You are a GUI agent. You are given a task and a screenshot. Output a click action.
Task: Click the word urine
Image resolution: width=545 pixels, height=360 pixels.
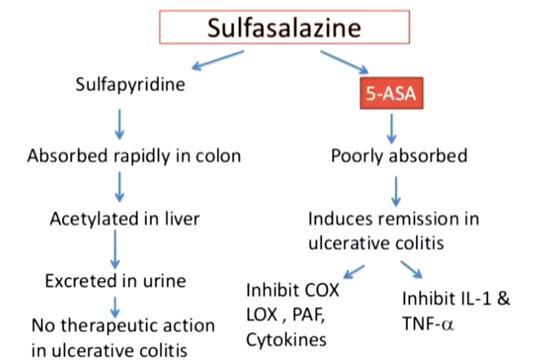tap(164, 282)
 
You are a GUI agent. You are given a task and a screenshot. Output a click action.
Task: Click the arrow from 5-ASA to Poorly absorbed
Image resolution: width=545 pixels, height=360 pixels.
tap(392, 127)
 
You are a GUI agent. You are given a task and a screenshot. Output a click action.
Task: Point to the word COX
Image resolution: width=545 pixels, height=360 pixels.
tap(321, 290)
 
